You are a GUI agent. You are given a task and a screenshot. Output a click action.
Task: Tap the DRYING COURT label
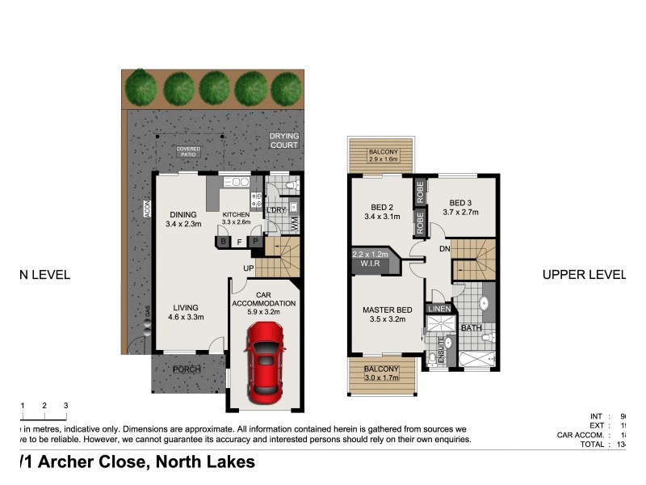[283, 141]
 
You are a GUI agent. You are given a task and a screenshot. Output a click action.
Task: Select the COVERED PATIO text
[189, 153]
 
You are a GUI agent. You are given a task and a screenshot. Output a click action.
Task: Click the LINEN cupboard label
[438, 309]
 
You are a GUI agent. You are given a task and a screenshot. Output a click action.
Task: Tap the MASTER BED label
[388, 310]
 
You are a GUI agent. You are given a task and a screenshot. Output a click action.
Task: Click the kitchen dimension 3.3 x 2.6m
[237, 221]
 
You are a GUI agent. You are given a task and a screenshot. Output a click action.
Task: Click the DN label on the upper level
[443, 250]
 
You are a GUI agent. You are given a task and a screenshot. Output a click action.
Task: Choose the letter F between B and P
[239, 241]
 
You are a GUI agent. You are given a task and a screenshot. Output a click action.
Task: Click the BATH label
[470, 328]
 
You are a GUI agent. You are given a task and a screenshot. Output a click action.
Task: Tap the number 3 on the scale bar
[65, 405]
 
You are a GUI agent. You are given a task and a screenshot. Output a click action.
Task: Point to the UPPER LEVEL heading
[583, 275]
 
